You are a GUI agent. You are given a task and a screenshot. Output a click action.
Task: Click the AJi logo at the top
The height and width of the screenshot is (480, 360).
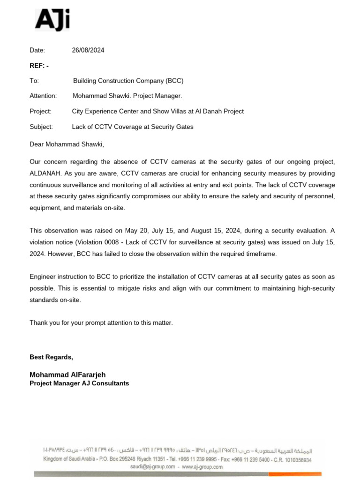coord(52,21)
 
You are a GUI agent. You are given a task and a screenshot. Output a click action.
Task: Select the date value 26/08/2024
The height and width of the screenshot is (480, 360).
coord(88,51)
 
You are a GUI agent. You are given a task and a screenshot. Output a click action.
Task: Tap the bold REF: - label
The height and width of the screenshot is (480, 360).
coord(39,66)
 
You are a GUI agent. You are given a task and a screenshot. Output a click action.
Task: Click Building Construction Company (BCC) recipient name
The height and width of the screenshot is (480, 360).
coord(128,81)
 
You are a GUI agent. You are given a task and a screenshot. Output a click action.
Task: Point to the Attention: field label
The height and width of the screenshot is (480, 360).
coord(43,96)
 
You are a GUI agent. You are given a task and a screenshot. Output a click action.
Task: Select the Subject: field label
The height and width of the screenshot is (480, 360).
coord(41,127)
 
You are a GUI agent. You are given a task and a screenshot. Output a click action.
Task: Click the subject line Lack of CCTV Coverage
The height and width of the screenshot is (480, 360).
coord(132,127)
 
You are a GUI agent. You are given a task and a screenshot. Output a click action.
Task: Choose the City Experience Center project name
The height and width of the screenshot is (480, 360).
coord(157,112)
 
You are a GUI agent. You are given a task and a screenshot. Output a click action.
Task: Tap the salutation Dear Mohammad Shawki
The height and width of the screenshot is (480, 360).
coord(67,144)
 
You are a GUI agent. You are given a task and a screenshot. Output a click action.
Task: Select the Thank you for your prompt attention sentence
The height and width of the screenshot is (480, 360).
coord(101,322)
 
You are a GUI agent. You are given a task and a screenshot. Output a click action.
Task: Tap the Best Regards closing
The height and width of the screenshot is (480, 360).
coord(51,357)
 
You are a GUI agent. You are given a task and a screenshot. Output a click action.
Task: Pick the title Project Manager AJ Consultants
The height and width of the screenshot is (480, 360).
coord(79,383)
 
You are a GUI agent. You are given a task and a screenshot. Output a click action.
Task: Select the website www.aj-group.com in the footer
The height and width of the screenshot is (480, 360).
coord(202,467)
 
